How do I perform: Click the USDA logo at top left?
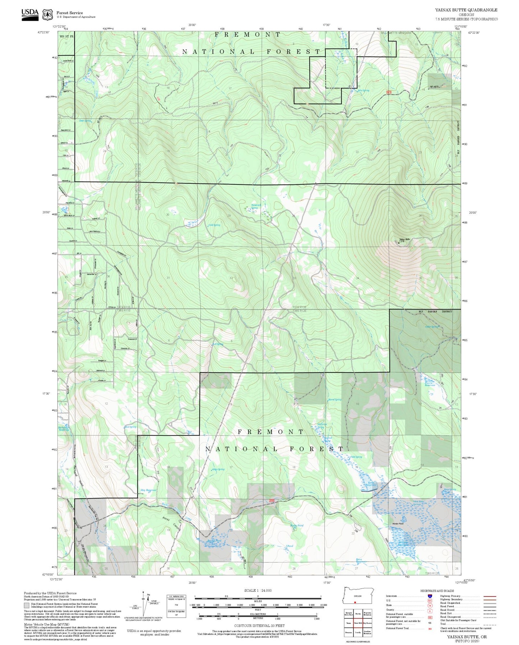(x=30, y=14)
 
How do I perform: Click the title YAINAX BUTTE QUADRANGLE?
(x=466, y=10)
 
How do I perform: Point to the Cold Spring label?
(x=214, y=225)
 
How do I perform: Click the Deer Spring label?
(x=85, y=121)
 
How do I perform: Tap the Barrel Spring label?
(x=335, y=399)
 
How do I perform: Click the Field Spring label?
(x=356, y=457)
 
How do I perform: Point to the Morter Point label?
(x=398, y=523)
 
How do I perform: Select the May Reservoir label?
(x=148, y=490)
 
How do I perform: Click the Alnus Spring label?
(x=218, y=469)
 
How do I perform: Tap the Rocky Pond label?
(x=297, y=525)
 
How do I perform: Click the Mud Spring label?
(x=130, y=427)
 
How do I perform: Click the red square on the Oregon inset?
(x=355, y=602)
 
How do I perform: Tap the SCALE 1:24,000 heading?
(x=258, y=590)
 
